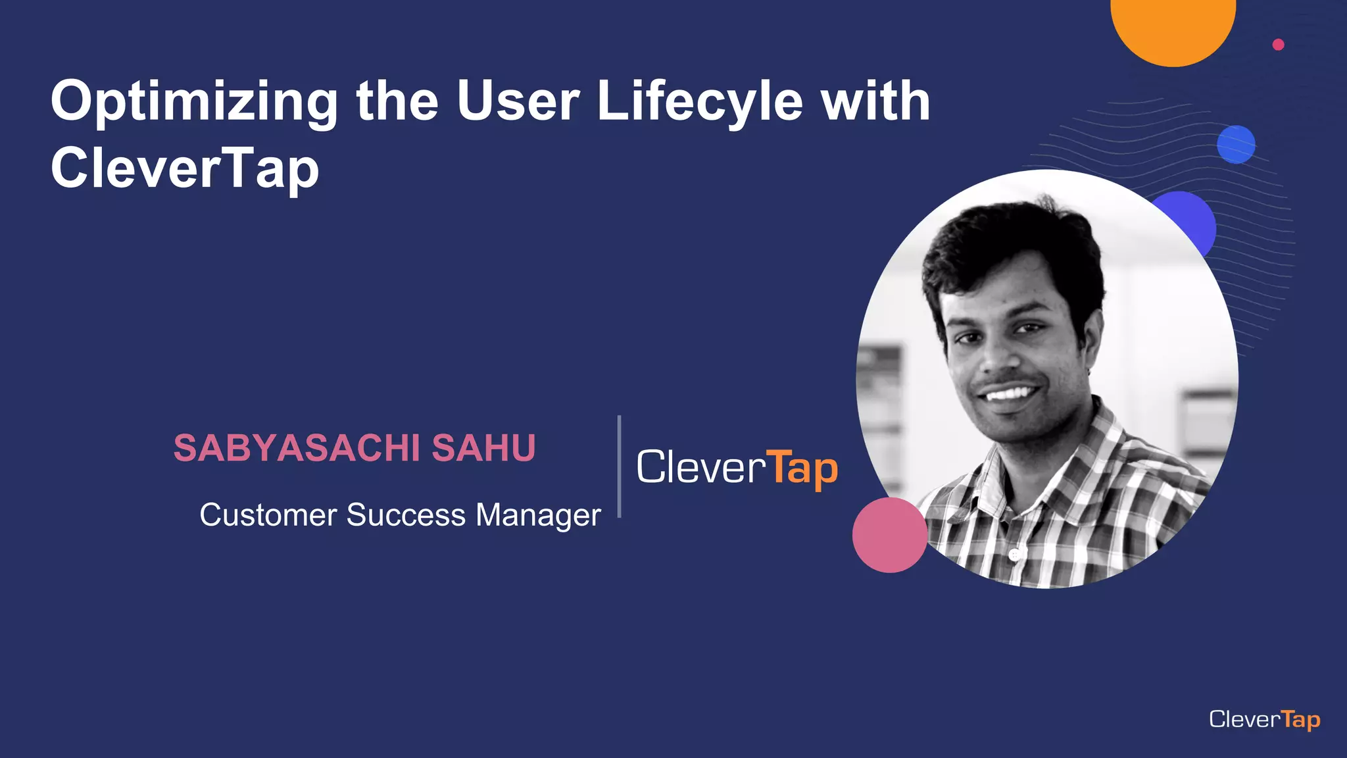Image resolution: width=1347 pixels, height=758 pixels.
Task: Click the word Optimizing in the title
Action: [194, 102]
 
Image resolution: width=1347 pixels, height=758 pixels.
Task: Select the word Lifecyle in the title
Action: [700, 102]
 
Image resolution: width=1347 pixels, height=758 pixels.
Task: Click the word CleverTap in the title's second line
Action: [185, 168]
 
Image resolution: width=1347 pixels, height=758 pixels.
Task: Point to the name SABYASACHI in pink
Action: [297, 448]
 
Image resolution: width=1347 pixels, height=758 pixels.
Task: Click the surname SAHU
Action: [483, 448]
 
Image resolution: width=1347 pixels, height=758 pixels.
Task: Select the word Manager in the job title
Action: [538, 515]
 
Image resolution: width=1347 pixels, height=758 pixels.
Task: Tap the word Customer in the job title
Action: [268, 515]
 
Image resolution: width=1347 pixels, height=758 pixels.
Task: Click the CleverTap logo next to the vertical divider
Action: [737, 468]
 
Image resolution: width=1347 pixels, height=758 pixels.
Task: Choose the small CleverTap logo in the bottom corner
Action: [1264, 719]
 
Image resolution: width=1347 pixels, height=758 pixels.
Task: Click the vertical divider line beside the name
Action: [619, 466]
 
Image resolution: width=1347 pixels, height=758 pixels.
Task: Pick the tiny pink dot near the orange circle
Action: [1278, 45]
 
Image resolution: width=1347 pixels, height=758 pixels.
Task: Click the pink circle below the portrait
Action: [889, 535]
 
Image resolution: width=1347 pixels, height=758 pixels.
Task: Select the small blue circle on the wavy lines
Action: [1236, 144]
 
